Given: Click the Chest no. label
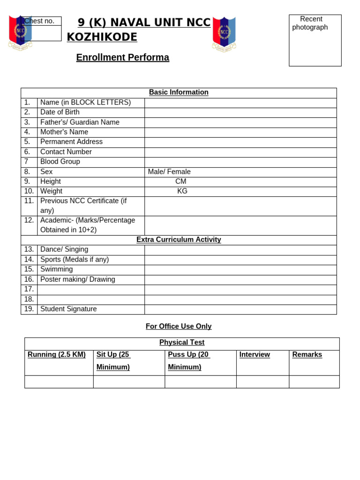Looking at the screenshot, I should click(39, 21).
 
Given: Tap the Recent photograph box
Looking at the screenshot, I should click(315, 40).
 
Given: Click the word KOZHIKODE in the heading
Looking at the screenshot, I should click(102, 37).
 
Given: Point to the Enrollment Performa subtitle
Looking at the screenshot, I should click(122, 58).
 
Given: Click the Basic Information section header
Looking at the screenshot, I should click(179, 93).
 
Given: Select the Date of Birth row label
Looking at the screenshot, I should click(60, 112).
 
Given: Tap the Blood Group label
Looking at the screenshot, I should click(60, 162).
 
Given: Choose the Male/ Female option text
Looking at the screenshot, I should click(169, 172).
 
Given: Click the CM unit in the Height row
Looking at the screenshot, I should click(180, 182).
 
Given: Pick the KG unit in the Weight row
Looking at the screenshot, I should click(182, 191).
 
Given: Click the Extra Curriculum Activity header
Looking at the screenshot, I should click(179, 240).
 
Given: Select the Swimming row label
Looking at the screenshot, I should click(57, 270).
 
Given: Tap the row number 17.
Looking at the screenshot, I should click(29, 289).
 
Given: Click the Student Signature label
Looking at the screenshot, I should click(68, 309).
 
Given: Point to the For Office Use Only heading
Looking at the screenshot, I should click(179, 327).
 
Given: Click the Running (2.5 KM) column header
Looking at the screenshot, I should click(57, 355).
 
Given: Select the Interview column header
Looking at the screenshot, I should click(255, 355).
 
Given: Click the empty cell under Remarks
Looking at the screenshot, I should click(314, 382).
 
